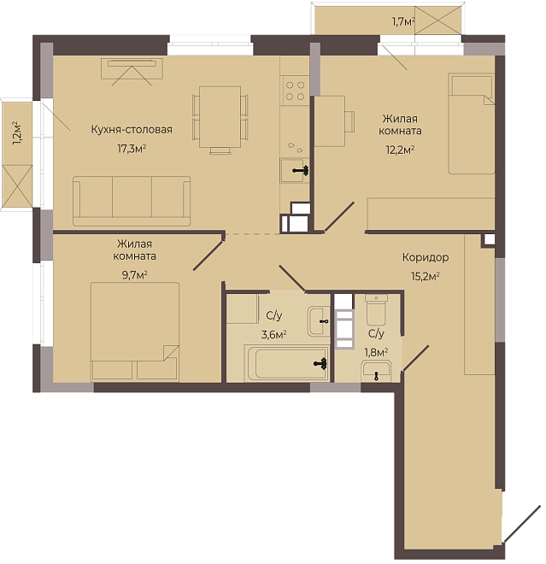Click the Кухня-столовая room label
(132, 130)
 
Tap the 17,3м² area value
(132, 148)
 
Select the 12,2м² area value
(400, 150)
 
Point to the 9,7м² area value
(135, 275)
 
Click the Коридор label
(426, 257)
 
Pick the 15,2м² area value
(426, 276)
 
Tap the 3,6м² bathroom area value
(273, 335)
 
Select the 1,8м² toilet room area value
(376, 352)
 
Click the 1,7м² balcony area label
(403, 22)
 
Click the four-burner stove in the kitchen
(295, 91)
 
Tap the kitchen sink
(295, 171)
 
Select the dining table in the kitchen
(220, 116)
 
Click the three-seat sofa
(132, 201)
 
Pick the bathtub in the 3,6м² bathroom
(286, 363)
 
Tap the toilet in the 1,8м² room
(376, 309)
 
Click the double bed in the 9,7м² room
(135, 332)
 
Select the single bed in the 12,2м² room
(471, 124)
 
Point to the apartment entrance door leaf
(521, 523)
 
